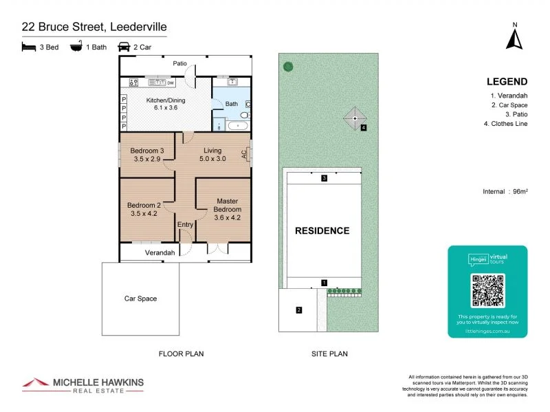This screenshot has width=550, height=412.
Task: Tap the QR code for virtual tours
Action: point(487,290)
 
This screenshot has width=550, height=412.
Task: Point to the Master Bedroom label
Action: point(227,204)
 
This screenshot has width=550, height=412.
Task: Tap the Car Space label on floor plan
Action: point(140,299)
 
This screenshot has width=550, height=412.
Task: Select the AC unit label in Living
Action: point(245,154)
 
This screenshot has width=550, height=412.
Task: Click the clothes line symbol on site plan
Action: point(355,118)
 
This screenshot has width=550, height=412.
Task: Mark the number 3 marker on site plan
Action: point(324,179)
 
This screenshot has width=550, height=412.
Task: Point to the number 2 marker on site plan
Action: point(298,310)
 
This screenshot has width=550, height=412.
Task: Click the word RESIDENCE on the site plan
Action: point(322,230)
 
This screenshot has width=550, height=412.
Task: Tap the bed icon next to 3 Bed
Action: point(28,47)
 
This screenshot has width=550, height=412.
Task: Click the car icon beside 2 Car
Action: point(124,47)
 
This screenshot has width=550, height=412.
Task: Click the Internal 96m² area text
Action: point(505,192)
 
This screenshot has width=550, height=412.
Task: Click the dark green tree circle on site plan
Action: point(288,67)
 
